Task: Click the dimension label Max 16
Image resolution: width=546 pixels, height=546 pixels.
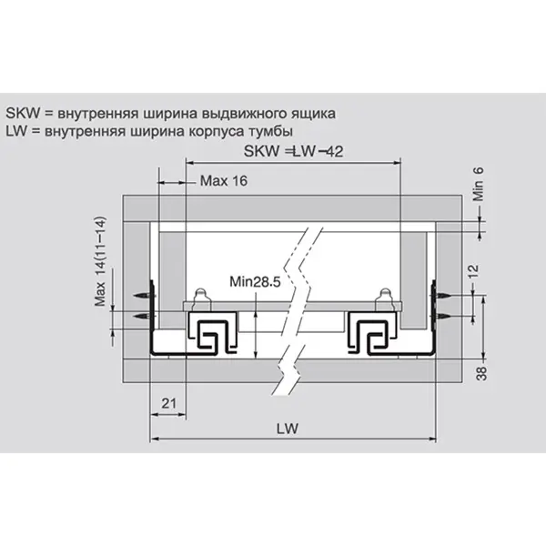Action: tap(224, 181)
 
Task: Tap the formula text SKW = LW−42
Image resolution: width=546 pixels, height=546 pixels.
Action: tap(293, 151)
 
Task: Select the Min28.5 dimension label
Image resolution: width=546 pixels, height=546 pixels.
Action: tap(255, 281)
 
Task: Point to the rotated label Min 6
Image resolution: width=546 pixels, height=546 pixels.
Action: tap(479, 184)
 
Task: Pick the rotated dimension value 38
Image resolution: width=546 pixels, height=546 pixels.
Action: tap(481, 374)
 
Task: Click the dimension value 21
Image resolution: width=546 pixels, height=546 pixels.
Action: tap(169, 403)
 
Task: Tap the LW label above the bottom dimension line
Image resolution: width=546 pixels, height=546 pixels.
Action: tap(288, 429)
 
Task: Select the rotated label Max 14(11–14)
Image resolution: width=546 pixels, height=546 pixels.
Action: tap(100, 262)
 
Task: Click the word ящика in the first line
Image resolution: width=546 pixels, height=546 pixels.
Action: tap(313, 114)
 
